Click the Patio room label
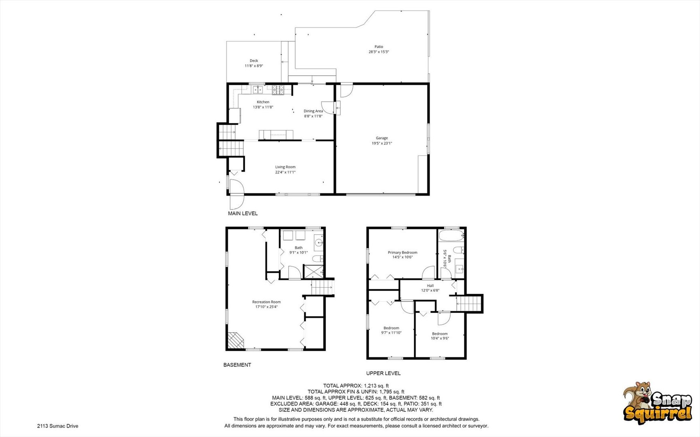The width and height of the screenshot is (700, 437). click(379, 47)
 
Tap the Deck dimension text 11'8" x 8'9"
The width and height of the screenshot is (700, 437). click(254, 66)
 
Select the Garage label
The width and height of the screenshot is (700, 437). click(382, 138)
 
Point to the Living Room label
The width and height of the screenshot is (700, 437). click(285, 167)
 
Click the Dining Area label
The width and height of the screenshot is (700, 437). click(313, 111)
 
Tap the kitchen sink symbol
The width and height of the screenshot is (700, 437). click(258, 89)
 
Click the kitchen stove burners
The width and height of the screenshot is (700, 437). click(278, 89)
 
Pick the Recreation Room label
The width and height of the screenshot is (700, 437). click(266, 302)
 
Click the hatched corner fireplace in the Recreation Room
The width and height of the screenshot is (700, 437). click(235, 340)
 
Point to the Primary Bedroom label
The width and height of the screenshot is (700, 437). click(402, 252)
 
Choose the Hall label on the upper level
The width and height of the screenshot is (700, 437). click(430, 286)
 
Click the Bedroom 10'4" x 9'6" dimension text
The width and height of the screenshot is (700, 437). click(440, 338)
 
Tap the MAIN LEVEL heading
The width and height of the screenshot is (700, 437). click(243, 213)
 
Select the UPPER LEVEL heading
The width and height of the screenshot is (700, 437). click(383, 373)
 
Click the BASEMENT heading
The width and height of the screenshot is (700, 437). click(237, 365)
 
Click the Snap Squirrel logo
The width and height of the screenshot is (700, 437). click(657, 403)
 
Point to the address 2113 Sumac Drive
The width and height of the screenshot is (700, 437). click(57, 426)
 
